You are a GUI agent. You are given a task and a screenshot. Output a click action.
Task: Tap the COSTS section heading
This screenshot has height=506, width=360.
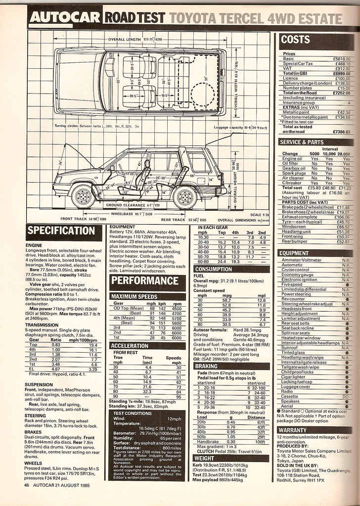[296, 39]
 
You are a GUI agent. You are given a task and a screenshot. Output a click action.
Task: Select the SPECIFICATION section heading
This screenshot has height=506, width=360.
[60, 230]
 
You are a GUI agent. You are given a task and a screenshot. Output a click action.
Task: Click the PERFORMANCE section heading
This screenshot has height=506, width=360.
[142, 279]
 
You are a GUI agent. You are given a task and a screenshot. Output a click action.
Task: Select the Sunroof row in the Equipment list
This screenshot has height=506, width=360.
[290, 348]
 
